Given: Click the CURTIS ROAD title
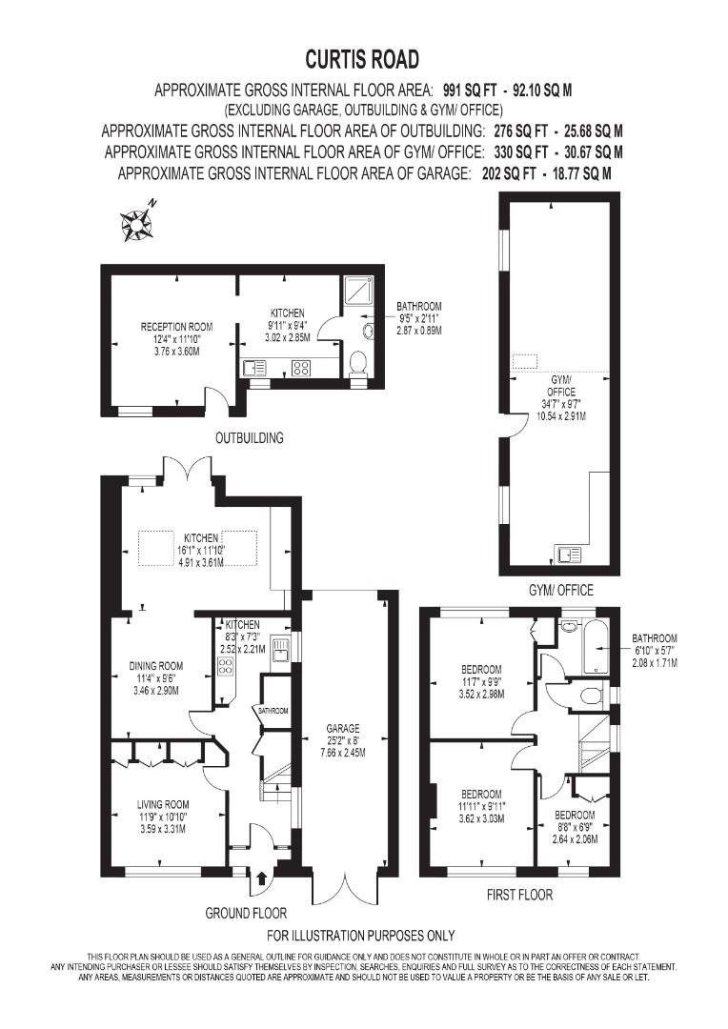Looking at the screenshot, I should [362, 59].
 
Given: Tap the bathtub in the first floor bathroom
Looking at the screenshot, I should [593, 653].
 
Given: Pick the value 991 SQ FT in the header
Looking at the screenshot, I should [472, 91].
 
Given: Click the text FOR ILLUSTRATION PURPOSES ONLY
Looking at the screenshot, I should [360, 935].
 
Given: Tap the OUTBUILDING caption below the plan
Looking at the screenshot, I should [249, 438].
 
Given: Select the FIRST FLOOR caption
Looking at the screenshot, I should [518, 895].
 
